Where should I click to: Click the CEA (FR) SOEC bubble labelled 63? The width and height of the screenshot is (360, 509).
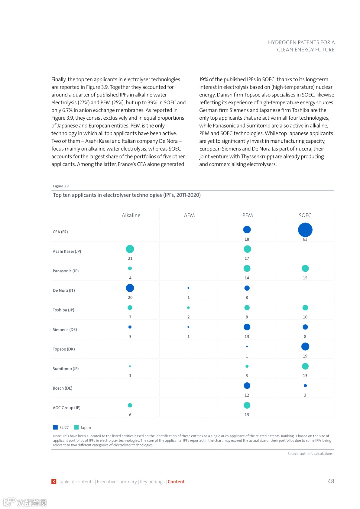pyautogui.click(x=305, y=230)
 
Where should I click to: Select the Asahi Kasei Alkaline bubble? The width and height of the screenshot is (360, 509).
pyautogui.click(x=130, y=249)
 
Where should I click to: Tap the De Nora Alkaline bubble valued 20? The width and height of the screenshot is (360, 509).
pyautogui.click(x=130, y=288)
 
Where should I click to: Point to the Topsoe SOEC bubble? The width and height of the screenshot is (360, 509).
pyautogui.click(x=305, y=347)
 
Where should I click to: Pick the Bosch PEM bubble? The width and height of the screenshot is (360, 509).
pyautogui.click(x=247, y=386)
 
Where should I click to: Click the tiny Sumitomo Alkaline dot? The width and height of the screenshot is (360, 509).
pyautogui.click(x=130, y=366)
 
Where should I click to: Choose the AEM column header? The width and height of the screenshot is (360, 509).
pyautogui.click(x=189, y=215)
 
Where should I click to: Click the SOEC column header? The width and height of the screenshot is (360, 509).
pyautogui.click(x=305, y=215)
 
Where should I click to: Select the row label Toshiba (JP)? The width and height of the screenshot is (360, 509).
pyautogui.click(x=63, y=310)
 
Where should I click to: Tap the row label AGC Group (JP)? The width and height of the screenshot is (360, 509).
pyautogui.click(x=66, y=408)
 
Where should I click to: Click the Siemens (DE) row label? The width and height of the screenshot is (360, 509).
pyautogui.click(x=65, y=330)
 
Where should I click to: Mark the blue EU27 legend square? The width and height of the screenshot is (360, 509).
pyautogui.click(x=55, y=427)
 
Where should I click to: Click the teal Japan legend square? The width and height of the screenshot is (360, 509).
pyautogui.click(x=76, y=427)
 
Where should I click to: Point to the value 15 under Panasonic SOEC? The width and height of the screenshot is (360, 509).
pyautogui.click(x=305, y=278)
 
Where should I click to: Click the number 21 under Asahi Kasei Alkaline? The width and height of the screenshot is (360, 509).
pyautogui.click(x=130, y=259)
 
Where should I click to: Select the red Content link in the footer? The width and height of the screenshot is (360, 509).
pyautogui.click(x=176, y=482)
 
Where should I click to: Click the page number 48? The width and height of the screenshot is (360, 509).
pyautogui.click(x=331, y=481)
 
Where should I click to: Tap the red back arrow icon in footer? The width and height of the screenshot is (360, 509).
pyautogui.click(x=54, y=482)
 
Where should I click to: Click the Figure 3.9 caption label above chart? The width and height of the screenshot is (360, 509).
pyautogui.click(x=61, y=186)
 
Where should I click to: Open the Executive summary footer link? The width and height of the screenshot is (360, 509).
pyautogui.click(x=117, y=482)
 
